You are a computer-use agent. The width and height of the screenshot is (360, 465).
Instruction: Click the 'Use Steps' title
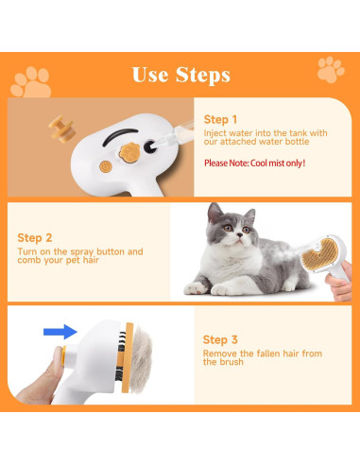pyautogui.click(x=180, y=74)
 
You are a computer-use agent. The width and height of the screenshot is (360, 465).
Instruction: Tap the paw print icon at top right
pyautogui.click(x=331, y=69)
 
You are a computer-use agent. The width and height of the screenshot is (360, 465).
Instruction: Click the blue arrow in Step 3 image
pyautogui.click(x=58, y=331)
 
